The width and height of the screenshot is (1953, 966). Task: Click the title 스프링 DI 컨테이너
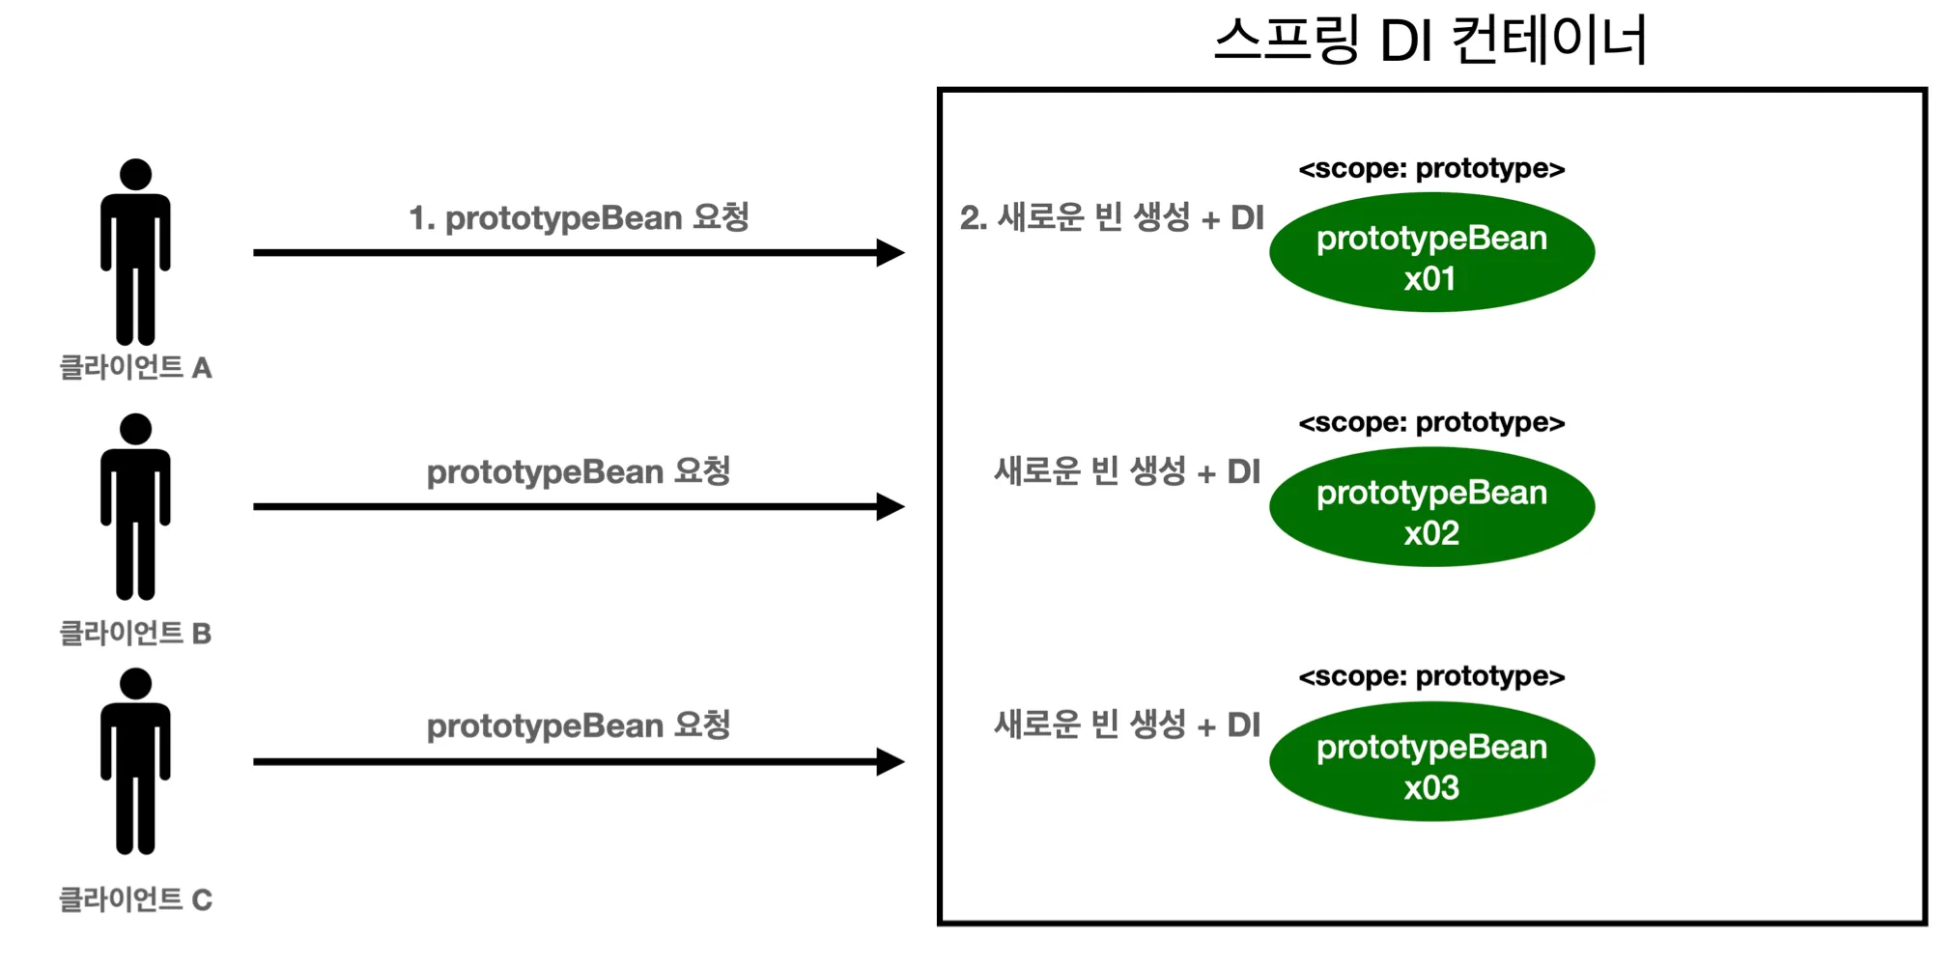[x=1429, y=41]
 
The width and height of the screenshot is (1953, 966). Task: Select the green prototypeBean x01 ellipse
[x=1431, y=252]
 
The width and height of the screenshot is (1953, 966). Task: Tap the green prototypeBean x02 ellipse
[x=1431, y=507]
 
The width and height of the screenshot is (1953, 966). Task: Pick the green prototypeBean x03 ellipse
[x=1431, y=762]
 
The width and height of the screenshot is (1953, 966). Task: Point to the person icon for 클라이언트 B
[x=135, y=508]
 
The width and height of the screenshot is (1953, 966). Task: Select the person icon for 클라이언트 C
[x=135, y=763]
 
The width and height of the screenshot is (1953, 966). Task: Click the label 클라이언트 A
[x=135, y=368]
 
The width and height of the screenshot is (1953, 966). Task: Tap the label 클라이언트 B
[x=135, y=634]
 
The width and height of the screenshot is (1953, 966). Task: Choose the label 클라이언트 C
[x=135, y=900]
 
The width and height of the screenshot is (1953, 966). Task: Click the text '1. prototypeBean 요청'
[x=579, y=218]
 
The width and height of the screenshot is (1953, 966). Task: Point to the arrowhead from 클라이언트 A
[x=891, y=253]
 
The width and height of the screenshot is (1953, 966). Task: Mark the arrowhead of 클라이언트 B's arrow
[x=891, y=507]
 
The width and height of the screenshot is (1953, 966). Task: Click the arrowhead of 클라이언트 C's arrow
[x=891, y=762]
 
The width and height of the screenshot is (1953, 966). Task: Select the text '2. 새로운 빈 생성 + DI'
[x=1112, y=218]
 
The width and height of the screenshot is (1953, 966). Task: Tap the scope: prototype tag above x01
[x=1431, y=169]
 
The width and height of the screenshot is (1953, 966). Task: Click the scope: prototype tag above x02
[x=1431, y=423]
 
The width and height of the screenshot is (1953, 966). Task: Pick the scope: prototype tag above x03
[x=1431, y=677]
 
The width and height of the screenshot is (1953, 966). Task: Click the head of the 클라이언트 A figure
[x=135, y=175]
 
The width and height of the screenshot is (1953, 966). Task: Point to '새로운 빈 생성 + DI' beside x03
[x=1127, y=725]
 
